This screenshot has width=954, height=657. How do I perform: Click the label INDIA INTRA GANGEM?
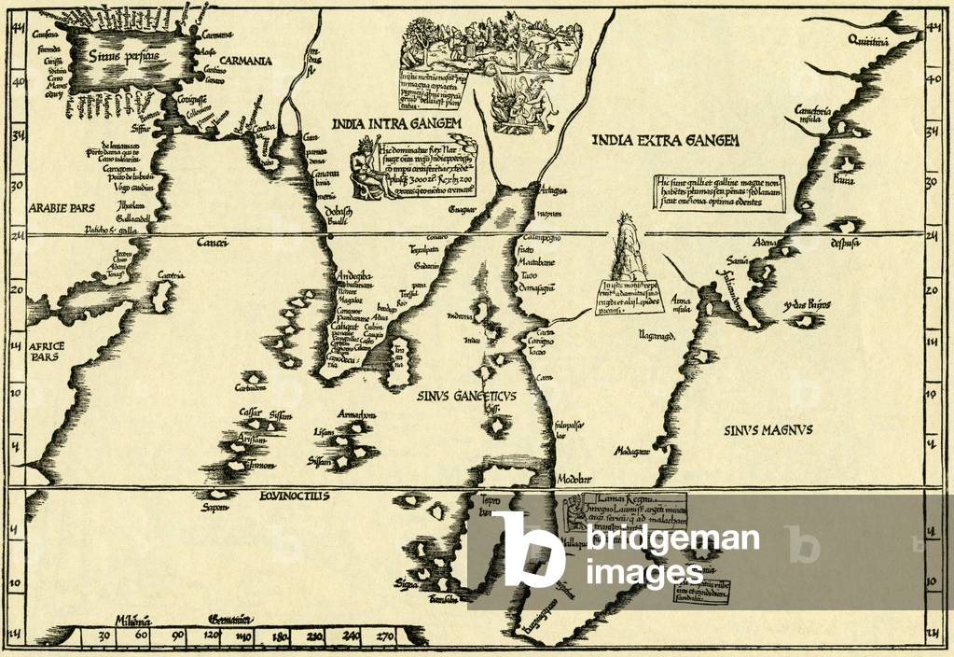click(x=397, y=122)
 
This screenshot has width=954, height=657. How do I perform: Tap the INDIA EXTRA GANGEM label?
click(x=665, y=141)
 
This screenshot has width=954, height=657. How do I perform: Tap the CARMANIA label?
click(x=240, y=61)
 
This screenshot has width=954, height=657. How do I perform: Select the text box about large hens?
click(x=720, y=192)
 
